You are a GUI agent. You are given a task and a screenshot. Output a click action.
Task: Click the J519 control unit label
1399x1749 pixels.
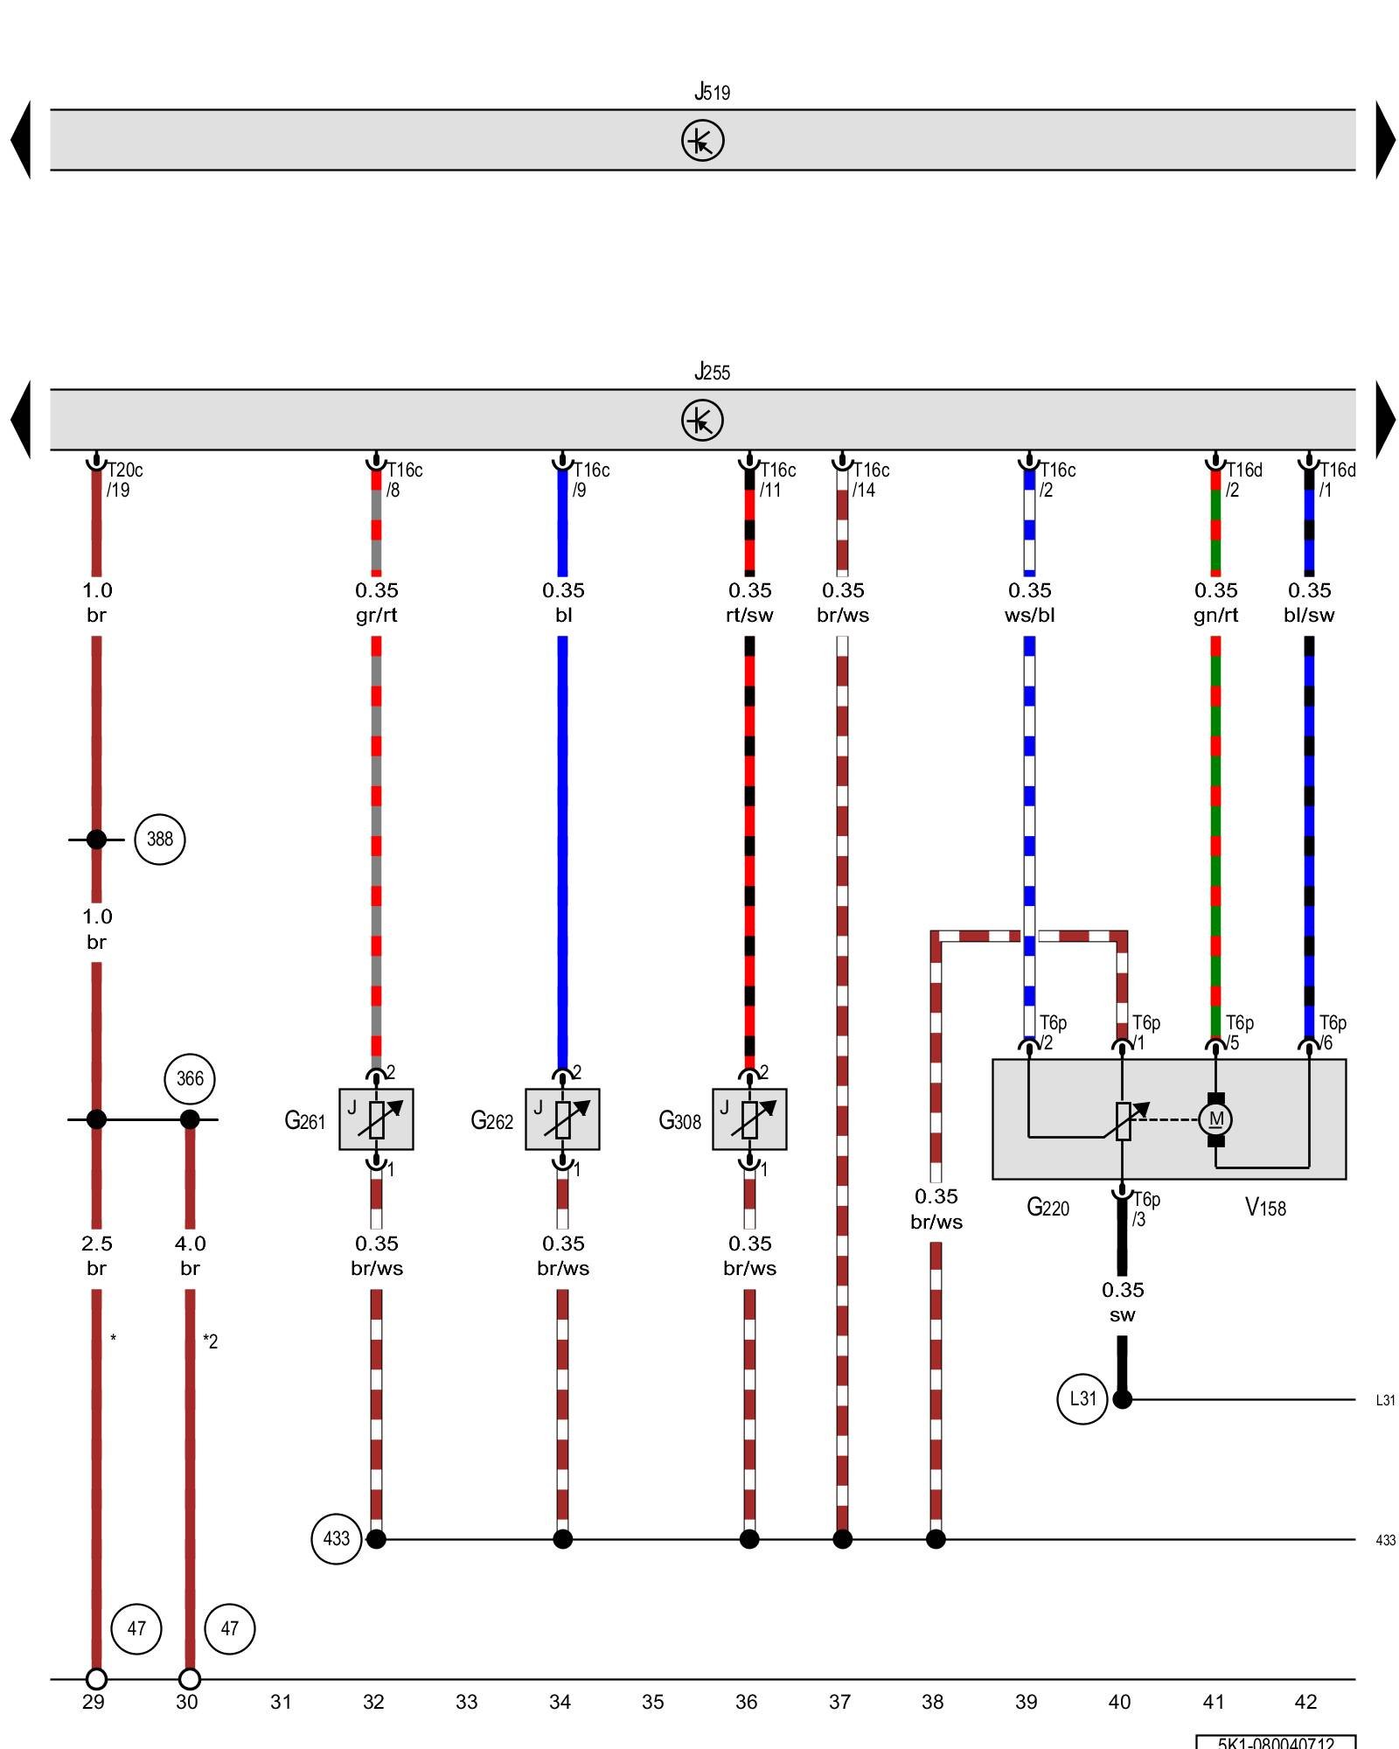712,92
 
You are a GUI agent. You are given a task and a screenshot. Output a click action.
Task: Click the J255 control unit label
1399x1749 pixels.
712,372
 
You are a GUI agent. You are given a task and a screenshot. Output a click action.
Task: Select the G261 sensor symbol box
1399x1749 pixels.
376,1119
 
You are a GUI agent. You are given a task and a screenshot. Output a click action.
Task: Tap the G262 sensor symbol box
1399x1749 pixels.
562,1119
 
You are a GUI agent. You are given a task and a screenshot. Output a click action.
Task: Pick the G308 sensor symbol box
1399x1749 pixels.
749,1119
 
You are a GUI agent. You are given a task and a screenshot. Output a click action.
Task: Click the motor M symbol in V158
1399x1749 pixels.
1215,1119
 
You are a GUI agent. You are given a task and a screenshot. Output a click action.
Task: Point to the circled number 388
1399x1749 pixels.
160,840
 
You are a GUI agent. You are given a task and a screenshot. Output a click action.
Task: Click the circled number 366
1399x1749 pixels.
190,1079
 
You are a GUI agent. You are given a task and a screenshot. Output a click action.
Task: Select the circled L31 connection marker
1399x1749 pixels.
1082,1399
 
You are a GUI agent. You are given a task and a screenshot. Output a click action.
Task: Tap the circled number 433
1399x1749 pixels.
337,1539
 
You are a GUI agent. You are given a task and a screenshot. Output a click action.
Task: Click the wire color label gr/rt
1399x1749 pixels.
376,616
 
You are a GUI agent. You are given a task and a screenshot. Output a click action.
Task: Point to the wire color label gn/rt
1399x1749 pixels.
1215,616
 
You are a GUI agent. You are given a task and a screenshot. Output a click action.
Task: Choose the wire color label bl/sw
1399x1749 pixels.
1309,616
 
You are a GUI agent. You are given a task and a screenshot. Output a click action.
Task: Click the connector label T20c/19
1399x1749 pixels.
123,480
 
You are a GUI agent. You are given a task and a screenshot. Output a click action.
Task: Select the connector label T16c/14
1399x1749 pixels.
870,480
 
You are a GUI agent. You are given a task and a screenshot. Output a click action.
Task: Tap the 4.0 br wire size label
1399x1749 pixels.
190,1256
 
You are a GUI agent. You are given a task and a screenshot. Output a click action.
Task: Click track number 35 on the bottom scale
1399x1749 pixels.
653,1702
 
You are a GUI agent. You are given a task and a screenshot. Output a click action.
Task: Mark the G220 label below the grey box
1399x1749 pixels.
1048,1208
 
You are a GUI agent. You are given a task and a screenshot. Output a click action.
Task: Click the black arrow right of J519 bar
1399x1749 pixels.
1385,140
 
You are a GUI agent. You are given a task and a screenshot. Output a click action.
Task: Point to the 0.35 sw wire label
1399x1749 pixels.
1123,1302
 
